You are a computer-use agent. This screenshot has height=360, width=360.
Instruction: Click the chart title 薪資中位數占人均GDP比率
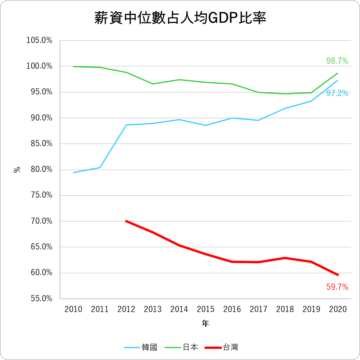click(x=180, y=18)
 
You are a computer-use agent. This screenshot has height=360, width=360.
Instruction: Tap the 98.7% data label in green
click(x=337, y=61)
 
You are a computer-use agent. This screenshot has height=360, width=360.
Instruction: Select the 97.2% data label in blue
click(x=337, y=93)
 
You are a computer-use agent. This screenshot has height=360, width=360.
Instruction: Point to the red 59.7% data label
click(x=337, y=287)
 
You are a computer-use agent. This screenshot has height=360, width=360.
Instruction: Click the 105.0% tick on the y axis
click(x=39, y=40)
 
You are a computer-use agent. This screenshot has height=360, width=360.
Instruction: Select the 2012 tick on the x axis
click(x=126, y=309)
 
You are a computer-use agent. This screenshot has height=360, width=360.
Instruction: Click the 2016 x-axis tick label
click(x=232, y=309)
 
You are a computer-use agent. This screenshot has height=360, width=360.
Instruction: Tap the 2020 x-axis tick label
click(x=338, y=309)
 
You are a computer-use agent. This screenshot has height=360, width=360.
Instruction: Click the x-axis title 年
click(x=205, y=324)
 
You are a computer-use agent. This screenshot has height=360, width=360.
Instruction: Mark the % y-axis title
click(x=17, y=169)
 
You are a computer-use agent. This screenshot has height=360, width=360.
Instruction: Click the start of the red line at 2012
click(x=126, y=221)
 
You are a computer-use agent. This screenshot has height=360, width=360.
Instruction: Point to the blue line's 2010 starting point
click(x=73, y=172)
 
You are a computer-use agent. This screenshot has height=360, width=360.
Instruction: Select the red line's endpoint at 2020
click(x=338, y=275)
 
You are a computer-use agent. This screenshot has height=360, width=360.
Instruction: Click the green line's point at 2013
click(x=153, y=84)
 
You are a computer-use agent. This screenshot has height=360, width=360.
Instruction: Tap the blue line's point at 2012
click(x=126, y=125)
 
